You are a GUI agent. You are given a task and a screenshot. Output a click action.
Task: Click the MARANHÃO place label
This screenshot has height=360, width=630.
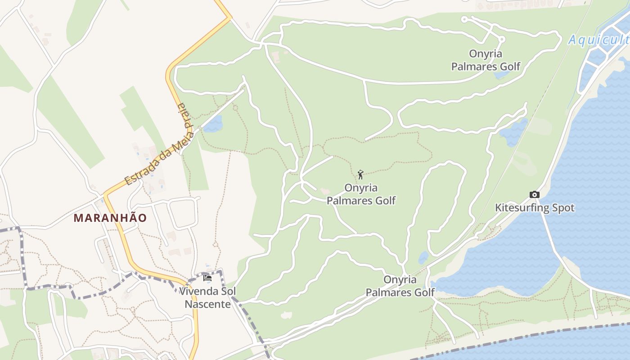pyautogui.click(x=110, y=218)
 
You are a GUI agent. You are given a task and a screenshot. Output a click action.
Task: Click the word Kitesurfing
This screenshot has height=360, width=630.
pyautogui.click(x=517, y=208)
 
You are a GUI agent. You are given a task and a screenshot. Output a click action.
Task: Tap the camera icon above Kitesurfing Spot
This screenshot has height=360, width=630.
pyautogui.click(x=534, y=194)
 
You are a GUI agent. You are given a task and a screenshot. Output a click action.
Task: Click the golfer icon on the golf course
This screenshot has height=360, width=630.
pyautogui.click(x=360, y=174)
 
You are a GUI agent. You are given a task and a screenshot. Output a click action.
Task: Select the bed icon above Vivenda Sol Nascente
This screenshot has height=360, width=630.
pyautogui.click(x=207, y=278)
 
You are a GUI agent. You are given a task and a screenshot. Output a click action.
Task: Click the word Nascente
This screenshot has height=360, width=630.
pyautogui.click(x=207, y=304)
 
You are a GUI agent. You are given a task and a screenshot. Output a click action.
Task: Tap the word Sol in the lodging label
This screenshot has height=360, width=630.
pyautogui.click(x=228, y=291)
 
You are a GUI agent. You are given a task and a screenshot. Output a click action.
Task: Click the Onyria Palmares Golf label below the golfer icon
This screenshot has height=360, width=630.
pyautogui.click(x=361, y=193)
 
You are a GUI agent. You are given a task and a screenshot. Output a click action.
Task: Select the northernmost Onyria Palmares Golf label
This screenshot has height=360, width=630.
pyautogui.click(x=486, y=60)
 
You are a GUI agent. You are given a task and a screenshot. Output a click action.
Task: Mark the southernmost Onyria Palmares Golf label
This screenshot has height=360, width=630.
pyautogui.click(x=400, y=286)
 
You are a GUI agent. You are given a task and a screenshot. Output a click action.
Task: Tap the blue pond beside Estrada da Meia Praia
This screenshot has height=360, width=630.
pyautogui.click(x=213, y=124)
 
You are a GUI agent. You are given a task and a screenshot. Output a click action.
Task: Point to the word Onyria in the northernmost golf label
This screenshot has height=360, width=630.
pyautogui.click(x=486, y=54)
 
